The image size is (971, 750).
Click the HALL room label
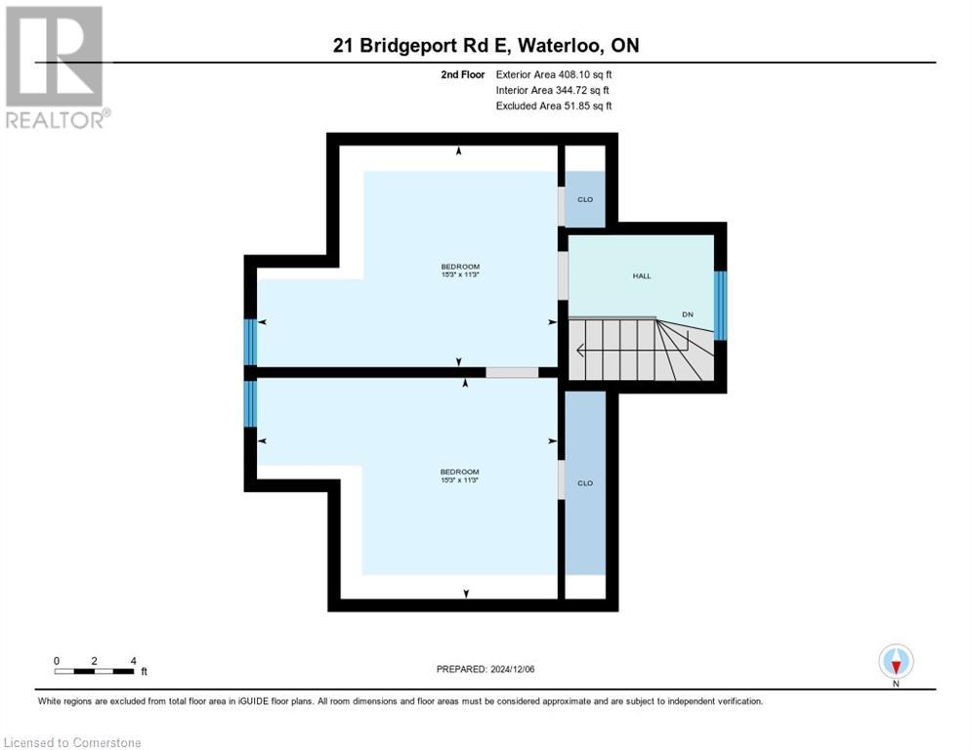click(x=641, y=276)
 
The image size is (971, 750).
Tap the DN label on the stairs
click(x=688, y=314)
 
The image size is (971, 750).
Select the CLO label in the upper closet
click(x=584, y=199)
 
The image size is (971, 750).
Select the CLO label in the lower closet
click(x=585, y=483)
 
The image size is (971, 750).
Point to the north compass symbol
click(x=896, y=662)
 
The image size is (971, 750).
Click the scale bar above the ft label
click(x=95, y=671)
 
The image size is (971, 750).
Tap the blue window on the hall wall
click(x=721, y=306)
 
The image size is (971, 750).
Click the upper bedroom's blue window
click(x=250, y=342)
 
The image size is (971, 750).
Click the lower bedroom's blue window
click(x=250, y=403)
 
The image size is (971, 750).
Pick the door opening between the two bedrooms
click(x=512, y=372)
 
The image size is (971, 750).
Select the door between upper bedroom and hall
click(x=563, y=275)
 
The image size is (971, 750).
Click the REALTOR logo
click(x=56, y=67)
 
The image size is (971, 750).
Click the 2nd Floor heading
click(x=463, y=74)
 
